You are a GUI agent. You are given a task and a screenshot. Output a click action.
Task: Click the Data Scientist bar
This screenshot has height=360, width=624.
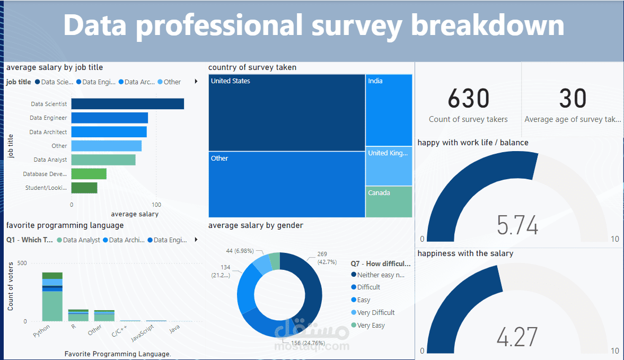coord(127,104)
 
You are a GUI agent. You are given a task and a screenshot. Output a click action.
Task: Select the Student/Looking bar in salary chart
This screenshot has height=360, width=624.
coord(84,188)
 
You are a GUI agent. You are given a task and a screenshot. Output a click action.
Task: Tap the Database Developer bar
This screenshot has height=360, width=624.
coord(89,174)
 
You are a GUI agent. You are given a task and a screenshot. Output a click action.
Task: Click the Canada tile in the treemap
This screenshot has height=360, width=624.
coord(389,201)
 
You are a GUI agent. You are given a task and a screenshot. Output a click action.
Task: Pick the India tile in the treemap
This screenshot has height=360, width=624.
coord(389,110)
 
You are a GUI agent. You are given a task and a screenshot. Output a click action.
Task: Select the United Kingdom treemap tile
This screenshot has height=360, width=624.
coord(389,166)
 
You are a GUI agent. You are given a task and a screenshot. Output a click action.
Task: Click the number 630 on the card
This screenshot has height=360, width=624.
coord(468,99)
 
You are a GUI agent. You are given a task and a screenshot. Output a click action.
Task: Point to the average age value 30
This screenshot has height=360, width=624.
coord(573,99)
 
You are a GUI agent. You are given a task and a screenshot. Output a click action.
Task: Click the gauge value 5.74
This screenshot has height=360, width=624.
coord(517,225)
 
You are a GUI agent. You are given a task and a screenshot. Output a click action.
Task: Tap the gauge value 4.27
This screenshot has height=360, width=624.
coord(517,337)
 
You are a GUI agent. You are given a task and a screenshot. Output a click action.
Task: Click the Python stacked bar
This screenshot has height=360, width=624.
coord(52,297)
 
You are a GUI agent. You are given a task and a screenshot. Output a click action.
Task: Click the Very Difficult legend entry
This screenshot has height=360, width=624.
coord(375,313)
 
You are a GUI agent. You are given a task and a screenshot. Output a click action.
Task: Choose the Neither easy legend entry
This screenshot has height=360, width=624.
coord(380,275)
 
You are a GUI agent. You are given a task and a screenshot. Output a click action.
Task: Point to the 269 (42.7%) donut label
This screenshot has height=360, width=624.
coord(327,258)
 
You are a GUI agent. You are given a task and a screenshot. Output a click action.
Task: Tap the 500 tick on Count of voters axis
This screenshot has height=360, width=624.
coord(22,263)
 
